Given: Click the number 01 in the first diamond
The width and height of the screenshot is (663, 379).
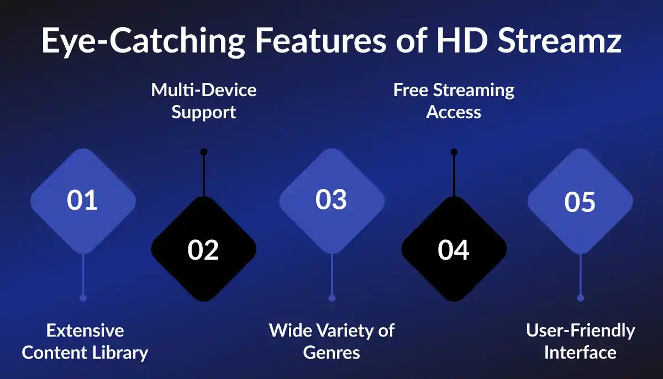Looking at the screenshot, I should [x=82, y=200].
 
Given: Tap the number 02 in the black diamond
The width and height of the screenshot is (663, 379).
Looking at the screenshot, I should [x=203, y=250].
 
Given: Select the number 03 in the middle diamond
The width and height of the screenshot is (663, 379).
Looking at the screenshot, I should [x=331, y=199].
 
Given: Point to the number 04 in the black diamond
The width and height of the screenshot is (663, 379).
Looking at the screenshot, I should [x=454, y=250].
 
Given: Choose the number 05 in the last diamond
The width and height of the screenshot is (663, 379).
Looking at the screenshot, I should [x=580, y=202].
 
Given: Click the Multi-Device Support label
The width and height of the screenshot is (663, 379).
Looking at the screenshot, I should [x=203, y=101].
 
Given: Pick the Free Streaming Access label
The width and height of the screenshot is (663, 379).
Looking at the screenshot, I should [x=454, y=101].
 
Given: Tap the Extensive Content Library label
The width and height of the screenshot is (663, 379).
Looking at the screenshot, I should [x=85, y=341].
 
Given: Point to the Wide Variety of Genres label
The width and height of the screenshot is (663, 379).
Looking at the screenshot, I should [x=331, y=341].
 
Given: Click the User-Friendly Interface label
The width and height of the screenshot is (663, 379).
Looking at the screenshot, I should [x=580, y=341].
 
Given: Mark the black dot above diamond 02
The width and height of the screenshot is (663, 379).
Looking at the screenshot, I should [x=203, y=152].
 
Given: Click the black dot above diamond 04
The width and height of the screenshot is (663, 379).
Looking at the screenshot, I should [x=454, y=152].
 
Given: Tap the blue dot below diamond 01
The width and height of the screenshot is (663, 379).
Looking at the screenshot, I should [x=83, y=298].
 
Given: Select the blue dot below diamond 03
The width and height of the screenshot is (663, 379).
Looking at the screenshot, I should [x=331, y=298].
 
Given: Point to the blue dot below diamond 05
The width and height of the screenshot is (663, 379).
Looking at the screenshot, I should [x=580, y=298].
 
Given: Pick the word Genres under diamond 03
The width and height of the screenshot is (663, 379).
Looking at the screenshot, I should [x=331, y=352].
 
